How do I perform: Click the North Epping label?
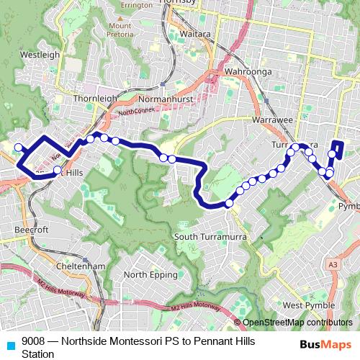pos(146,274)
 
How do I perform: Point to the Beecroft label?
pos(31,230)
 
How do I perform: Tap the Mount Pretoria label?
pos(120,31)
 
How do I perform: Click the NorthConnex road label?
pos(137,112)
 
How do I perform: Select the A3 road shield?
pos(332,265)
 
